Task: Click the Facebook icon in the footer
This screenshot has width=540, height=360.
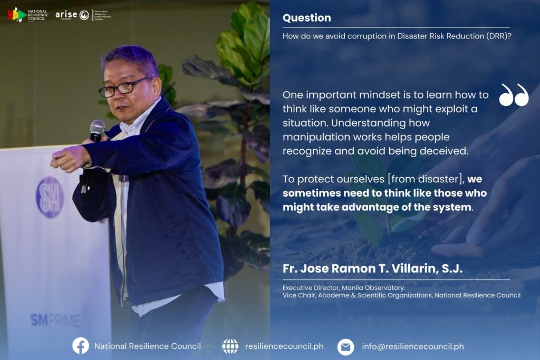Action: [x=81, y=346]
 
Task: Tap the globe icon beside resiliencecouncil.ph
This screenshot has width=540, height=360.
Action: [x=230, y=346]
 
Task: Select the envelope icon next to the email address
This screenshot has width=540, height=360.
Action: [x=346, y=347]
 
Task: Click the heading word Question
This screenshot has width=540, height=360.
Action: [x=306, y=18]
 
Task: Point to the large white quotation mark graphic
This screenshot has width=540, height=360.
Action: [x=514, y=95]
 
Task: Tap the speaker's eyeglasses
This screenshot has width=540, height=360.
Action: [x=124, y=87]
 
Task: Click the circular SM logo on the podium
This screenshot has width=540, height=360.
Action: [x=50, y=197]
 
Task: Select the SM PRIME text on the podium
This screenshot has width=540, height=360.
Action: [x=55, y=320]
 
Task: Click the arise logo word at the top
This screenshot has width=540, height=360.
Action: [x=66, y=14]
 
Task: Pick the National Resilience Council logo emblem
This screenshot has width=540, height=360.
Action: [x=17, y=15]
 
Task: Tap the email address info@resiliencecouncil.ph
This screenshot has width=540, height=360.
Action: [x=412, y=347]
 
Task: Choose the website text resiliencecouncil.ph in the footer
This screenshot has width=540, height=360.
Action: [x=284, y=346]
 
